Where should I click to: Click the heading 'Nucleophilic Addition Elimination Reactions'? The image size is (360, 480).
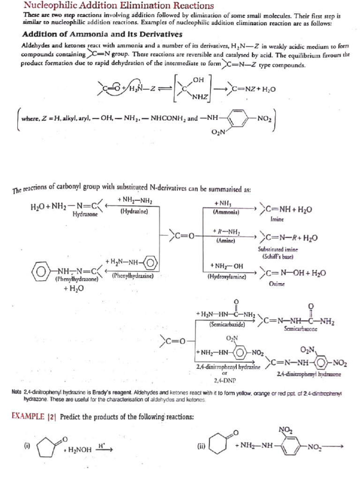[x=112, y=6]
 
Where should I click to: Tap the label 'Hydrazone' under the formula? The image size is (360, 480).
[x=85, y=214]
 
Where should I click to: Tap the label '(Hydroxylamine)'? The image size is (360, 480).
[x=226, y=277]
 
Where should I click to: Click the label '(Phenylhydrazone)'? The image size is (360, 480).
[x=75, y=279]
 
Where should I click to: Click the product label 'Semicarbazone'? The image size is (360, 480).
[x=300, y=330]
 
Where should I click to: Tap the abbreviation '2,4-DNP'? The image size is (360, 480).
[x=226, y=380]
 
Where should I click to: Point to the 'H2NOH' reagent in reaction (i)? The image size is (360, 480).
[x=78, y=450]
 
